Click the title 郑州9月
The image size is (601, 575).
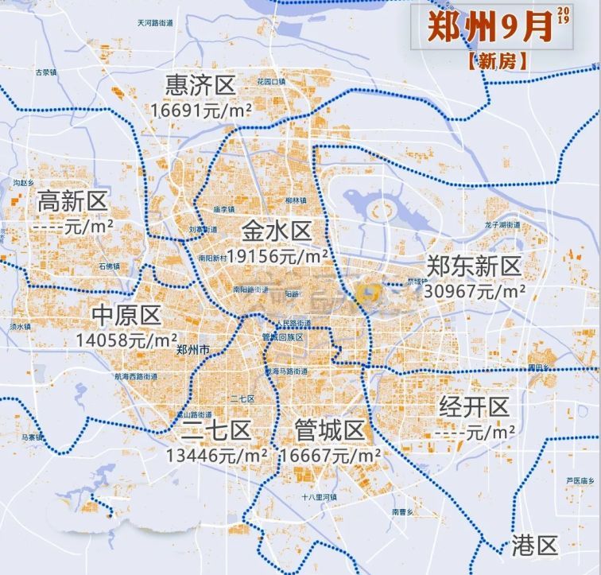(489, 28)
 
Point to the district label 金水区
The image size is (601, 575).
(277, 231)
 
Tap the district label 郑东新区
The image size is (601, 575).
(474, 266)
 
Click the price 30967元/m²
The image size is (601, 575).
(475, 291)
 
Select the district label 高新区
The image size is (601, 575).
(72, 201)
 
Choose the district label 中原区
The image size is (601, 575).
(126, 315)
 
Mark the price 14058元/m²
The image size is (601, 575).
(126, 340)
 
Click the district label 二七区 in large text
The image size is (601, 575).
(215, 431)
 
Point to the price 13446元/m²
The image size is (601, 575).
(216, 456)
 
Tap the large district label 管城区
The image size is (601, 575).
(328, 431)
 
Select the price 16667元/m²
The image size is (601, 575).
(329, 456)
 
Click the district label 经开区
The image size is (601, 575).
(474, 408)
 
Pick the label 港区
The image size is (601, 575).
(535, 546)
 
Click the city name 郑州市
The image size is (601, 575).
(192, 350)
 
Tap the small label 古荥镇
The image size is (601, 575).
(44, 72)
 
